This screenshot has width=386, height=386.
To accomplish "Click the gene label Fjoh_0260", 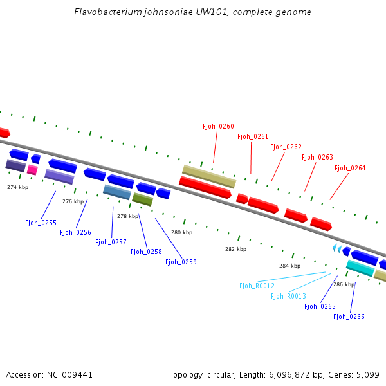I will (x=218, y=126).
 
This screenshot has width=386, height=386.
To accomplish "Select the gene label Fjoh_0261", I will (x=253, y=136).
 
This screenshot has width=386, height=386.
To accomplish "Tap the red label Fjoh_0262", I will (x=286, y=147).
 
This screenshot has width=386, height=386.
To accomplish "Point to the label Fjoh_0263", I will (x=317, y=157).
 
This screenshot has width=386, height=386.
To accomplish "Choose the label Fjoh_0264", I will (x=350, y=168).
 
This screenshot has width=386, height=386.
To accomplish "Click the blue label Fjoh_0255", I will (x=41, y=223).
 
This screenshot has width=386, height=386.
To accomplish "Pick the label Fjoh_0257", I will (x=111, y=242).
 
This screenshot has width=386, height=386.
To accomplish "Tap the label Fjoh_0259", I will (x=181, y=262).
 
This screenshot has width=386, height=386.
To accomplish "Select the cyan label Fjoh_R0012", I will (x=257, y=286).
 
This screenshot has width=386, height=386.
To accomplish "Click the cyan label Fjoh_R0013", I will (x=288, y=296).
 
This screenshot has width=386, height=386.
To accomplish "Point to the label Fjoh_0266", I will (x=349, y=317).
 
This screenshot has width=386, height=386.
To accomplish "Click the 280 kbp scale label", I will (x=181, y=232).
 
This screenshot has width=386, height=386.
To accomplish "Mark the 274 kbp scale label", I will (x=18, y=187).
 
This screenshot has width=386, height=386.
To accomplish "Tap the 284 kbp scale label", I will (x=289, y=265).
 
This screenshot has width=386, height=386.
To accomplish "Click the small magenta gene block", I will (x=32, y=170).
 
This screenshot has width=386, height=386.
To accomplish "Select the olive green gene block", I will (x=142, y=199).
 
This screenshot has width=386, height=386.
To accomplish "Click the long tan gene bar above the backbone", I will (x=209, y=176).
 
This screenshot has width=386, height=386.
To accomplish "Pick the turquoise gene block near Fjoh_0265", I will (x=360, y=268).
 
